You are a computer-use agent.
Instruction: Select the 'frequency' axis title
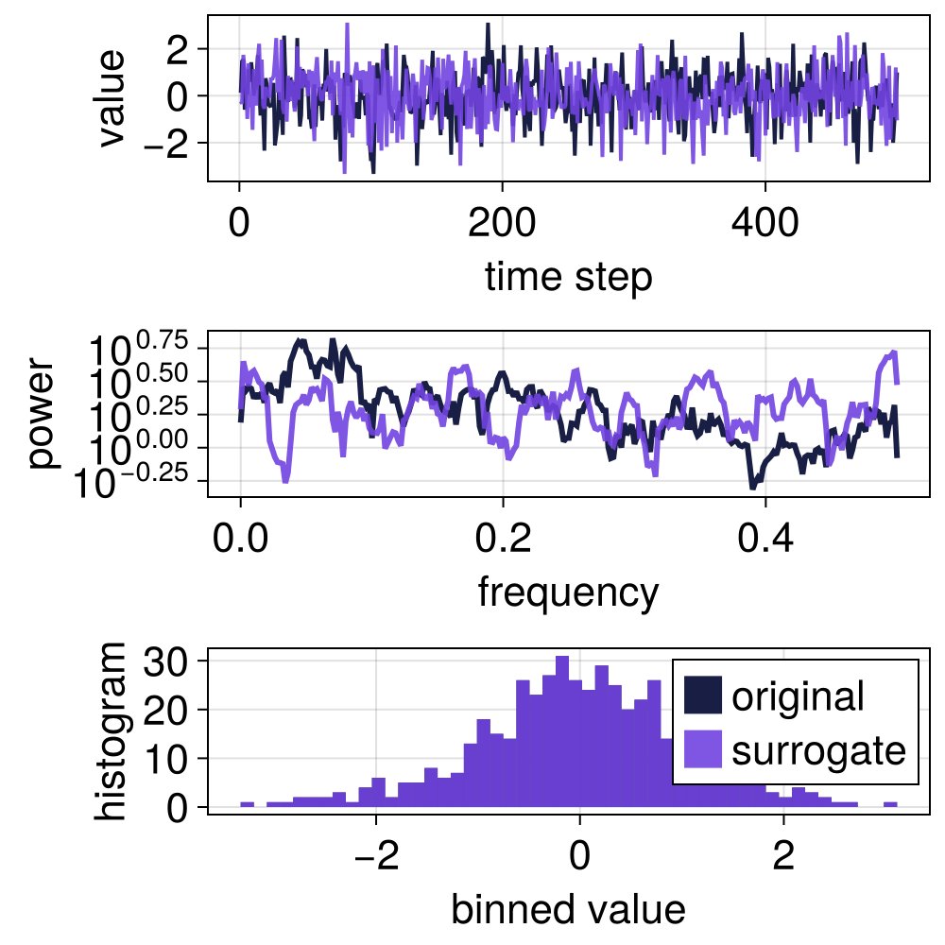(568, 593)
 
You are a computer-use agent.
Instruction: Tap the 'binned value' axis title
(568, 909)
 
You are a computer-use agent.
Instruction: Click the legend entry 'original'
(798, 696)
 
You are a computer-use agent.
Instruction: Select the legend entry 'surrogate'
(818, 750)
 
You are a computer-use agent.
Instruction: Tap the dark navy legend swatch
(703, 696)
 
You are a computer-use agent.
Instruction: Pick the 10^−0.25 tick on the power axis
(142, 481)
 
